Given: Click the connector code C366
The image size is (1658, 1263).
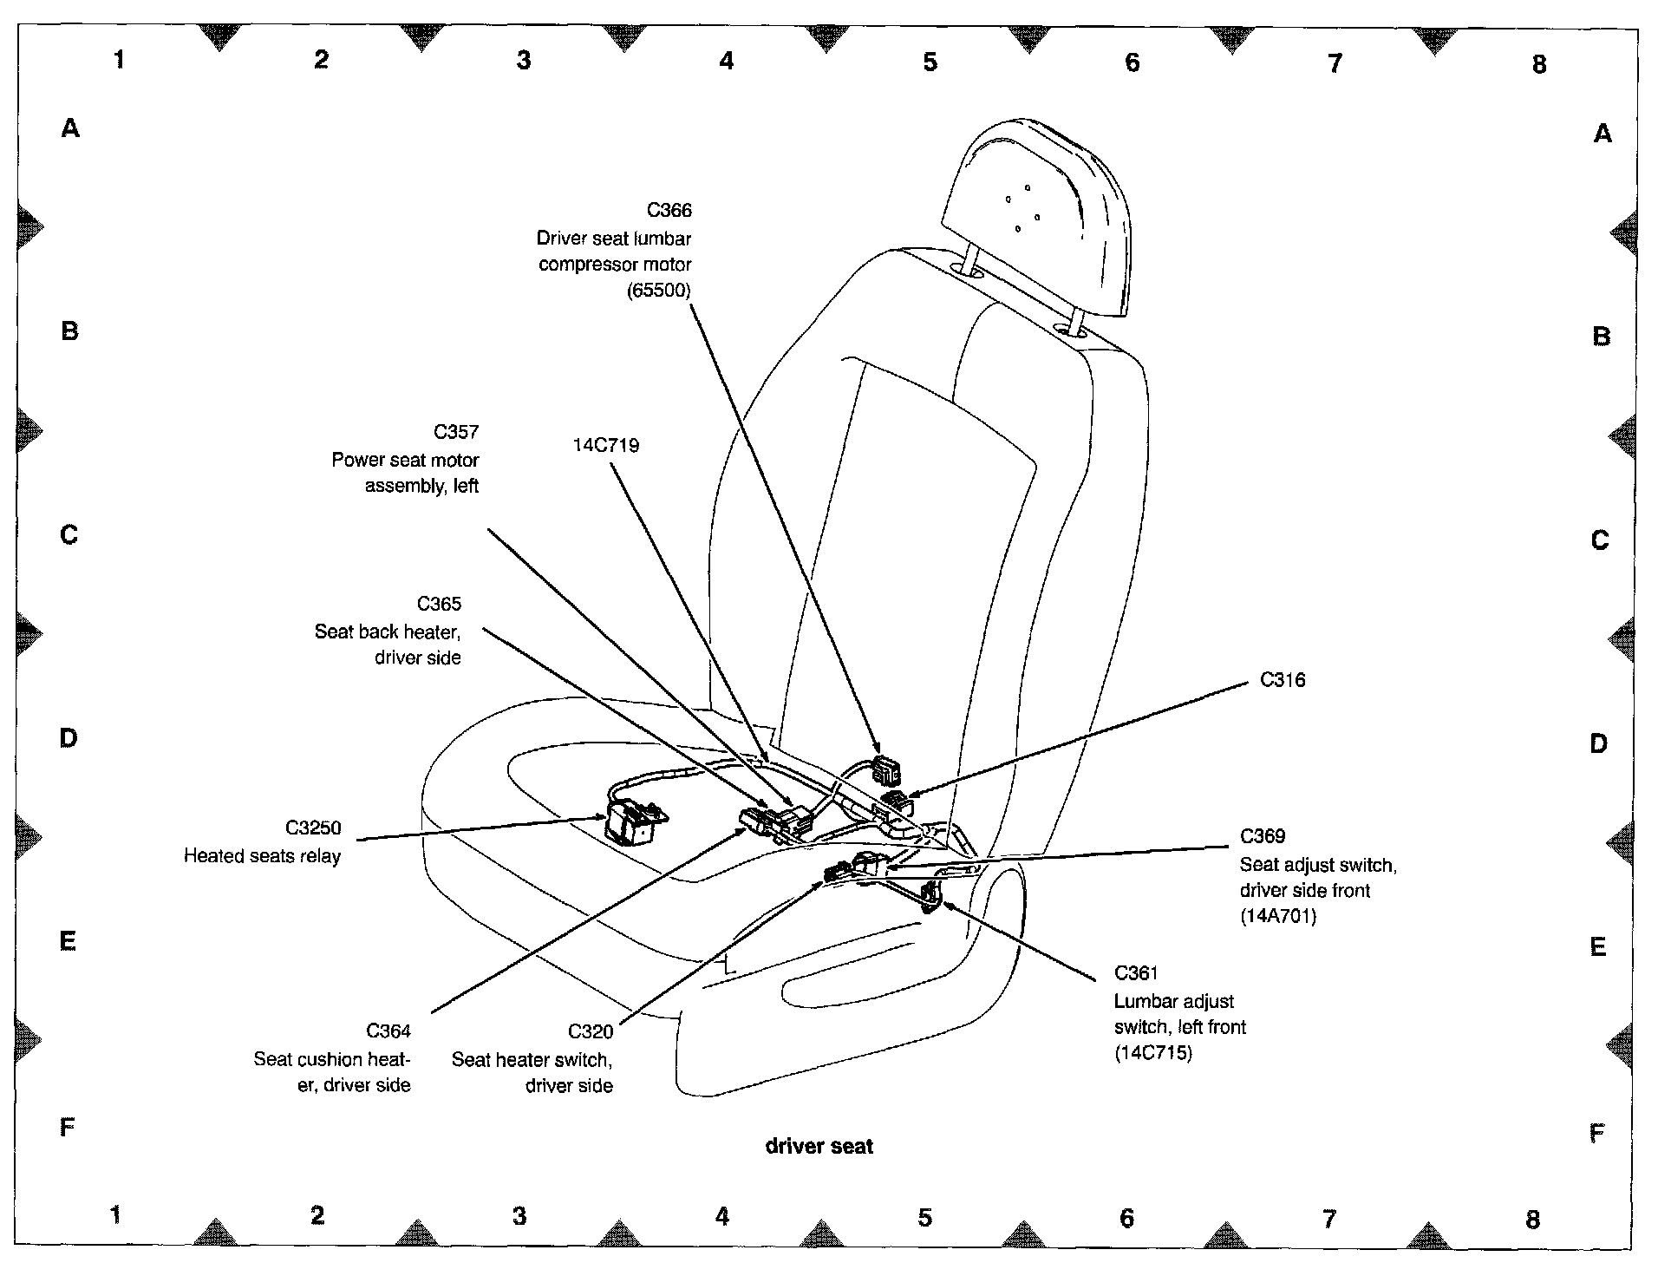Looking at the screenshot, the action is (x=669, y=210).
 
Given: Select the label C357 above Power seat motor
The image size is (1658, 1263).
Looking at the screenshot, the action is (x=455, y=432).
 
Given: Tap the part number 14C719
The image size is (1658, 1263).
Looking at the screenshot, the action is (x=606, y=446).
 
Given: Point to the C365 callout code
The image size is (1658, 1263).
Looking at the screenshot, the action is (x=439, y=604).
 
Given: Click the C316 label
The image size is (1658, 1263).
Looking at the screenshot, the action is (x=1283, y=680).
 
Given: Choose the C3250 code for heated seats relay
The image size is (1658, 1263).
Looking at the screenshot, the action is (x=313, y=828).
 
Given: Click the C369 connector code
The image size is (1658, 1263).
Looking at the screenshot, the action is (x=1263, y=836).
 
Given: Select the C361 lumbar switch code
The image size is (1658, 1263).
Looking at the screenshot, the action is (x=1137, y=973).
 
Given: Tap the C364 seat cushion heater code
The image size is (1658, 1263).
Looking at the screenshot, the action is (x=388, y=1031).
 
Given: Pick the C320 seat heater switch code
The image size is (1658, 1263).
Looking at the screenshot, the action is (x=591, y=1031).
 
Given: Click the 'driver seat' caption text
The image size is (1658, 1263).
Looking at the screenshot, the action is (x=819, y=1146).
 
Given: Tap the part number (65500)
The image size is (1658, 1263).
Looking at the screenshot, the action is (x=659, y=291).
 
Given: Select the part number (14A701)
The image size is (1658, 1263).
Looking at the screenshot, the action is (x=1278, y=916).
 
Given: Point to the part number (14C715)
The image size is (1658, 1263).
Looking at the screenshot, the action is (x=1153, y=1054).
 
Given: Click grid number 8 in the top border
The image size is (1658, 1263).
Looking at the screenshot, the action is (x=1539, y=64).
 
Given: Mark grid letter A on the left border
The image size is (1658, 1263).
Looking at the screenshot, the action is (x=70, y=128).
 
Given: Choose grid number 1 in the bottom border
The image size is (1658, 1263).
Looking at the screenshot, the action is (x=115, y=1214).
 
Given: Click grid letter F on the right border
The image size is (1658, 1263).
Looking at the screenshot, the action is (x=1596, y=1133).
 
